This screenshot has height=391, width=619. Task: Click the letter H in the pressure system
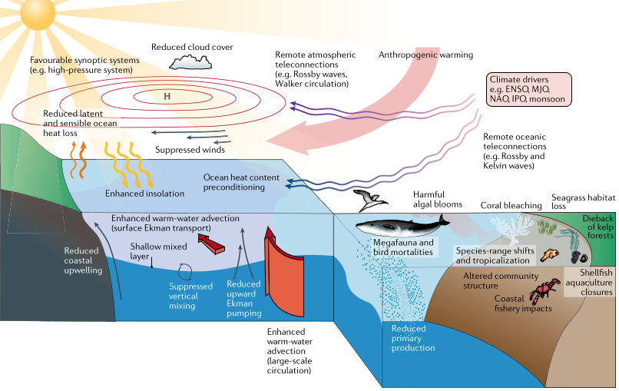point(166,97)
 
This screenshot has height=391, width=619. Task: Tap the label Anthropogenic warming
point(426,55)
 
